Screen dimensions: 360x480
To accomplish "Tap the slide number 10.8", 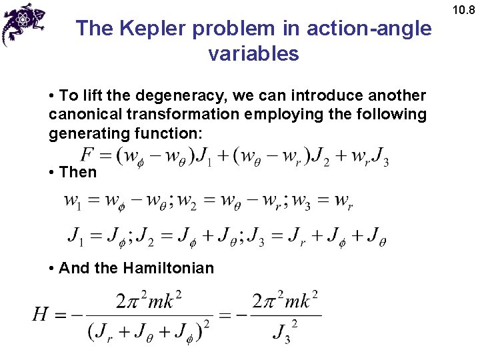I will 463,9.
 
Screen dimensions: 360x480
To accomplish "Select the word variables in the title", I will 253,53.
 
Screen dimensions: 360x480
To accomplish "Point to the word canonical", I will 83,115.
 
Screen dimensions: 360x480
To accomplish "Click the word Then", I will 77,172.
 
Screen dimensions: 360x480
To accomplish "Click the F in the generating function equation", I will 87,155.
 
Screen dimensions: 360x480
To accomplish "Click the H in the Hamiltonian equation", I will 42,314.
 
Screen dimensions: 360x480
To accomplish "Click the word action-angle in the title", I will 369,29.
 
